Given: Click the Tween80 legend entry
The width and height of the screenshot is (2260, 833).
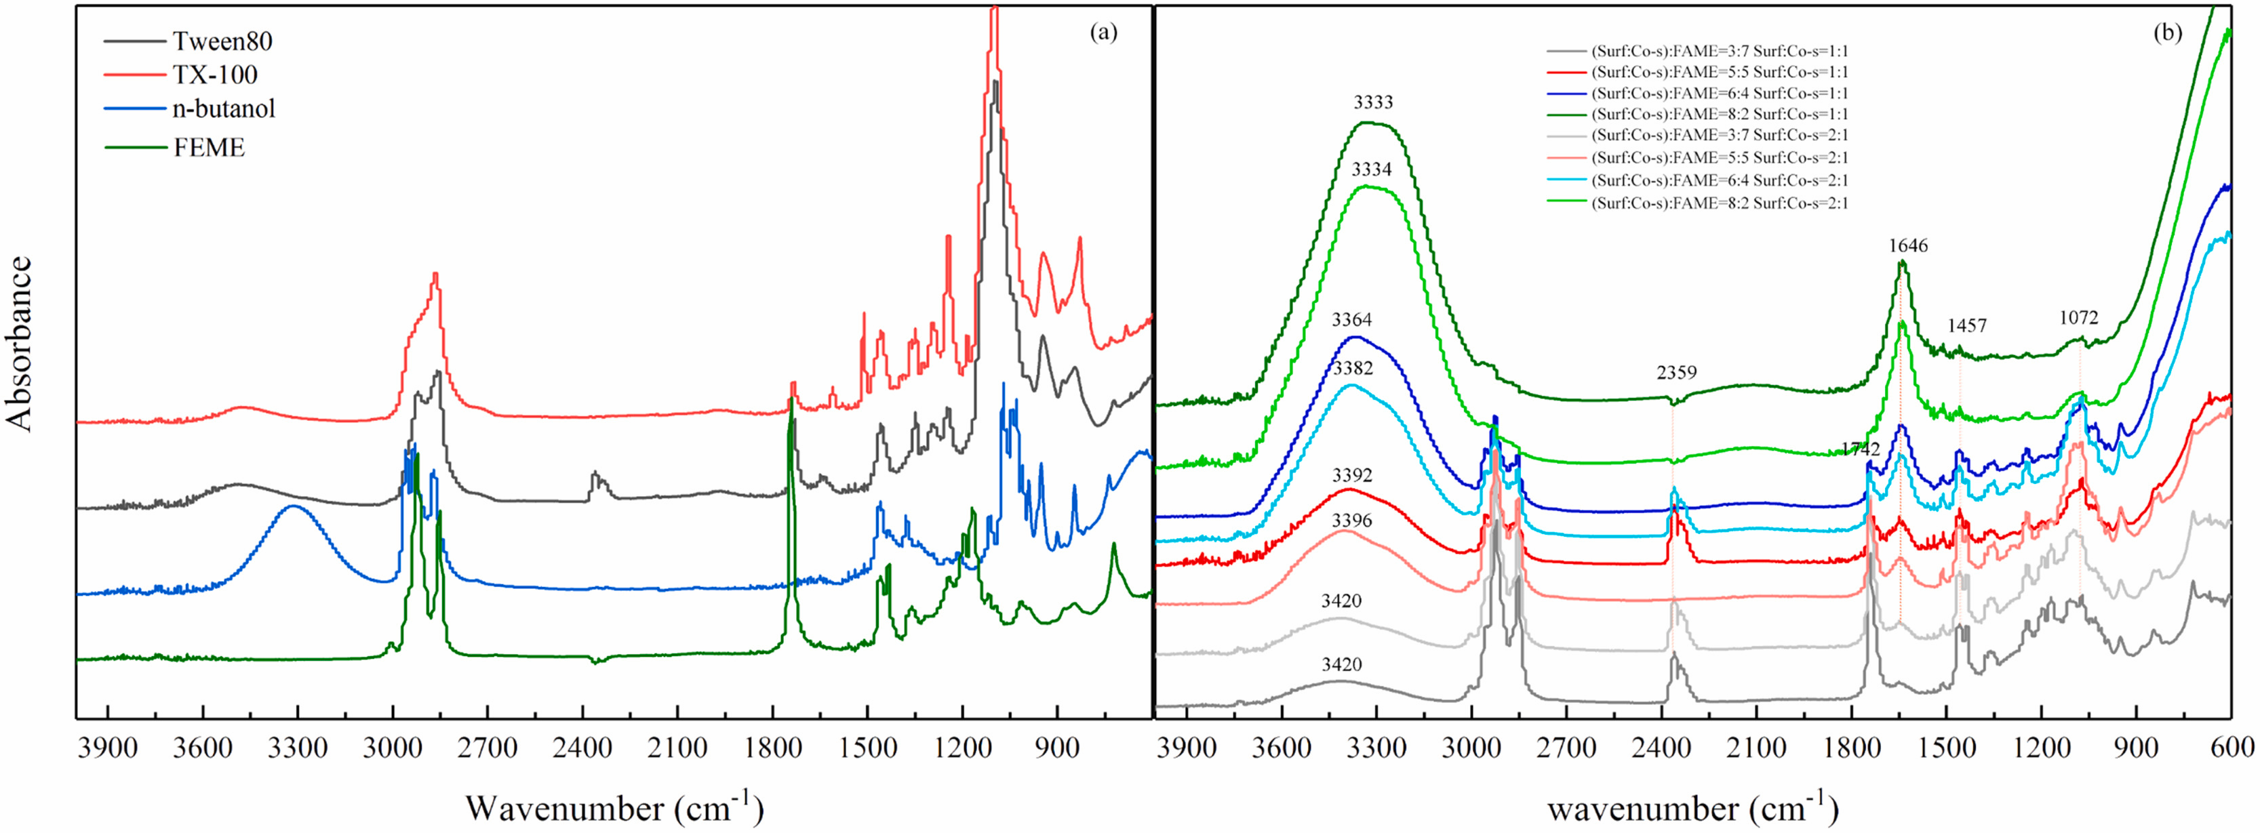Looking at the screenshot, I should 222,41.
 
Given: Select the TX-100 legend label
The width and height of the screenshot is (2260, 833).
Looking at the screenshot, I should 215,75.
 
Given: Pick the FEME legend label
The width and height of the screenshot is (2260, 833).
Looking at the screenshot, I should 209,146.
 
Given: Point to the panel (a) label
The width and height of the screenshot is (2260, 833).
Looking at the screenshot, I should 1103,33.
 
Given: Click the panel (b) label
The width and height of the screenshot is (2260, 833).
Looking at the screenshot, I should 2167,33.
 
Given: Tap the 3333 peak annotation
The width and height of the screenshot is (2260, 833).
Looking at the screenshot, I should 1373,102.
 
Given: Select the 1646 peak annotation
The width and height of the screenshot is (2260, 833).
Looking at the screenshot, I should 1908,245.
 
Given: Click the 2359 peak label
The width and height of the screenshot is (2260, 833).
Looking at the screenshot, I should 1677,373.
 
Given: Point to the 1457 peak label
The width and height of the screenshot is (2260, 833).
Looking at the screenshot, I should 1966,326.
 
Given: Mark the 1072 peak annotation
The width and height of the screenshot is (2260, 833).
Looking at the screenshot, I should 2078,317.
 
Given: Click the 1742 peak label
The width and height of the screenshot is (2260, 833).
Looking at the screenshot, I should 1860,449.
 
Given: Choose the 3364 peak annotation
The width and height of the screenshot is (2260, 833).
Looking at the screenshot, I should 1352,320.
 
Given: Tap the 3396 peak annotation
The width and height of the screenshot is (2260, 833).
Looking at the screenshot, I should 1352,521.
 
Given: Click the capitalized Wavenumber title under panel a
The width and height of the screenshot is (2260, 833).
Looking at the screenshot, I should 614,807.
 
